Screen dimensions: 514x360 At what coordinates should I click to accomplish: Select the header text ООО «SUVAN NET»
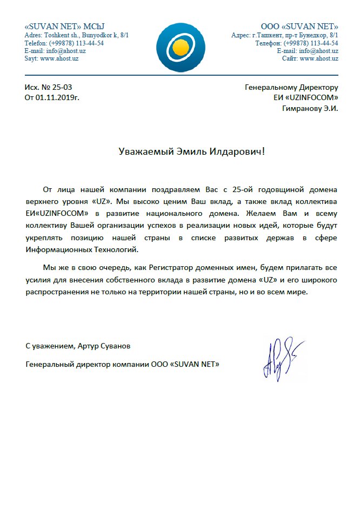pos(299,27)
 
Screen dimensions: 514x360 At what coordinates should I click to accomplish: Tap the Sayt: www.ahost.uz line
pos(51,58)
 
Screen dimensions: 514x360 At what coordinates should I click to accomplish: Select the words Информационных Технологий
pos(85,249)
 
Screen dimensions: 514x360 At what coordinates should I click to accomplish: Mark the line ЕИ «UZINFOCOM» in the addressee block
pos(306,98)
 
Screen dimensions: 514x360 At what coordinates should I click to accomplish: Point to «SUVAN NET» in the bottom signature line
pos(195,365)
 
